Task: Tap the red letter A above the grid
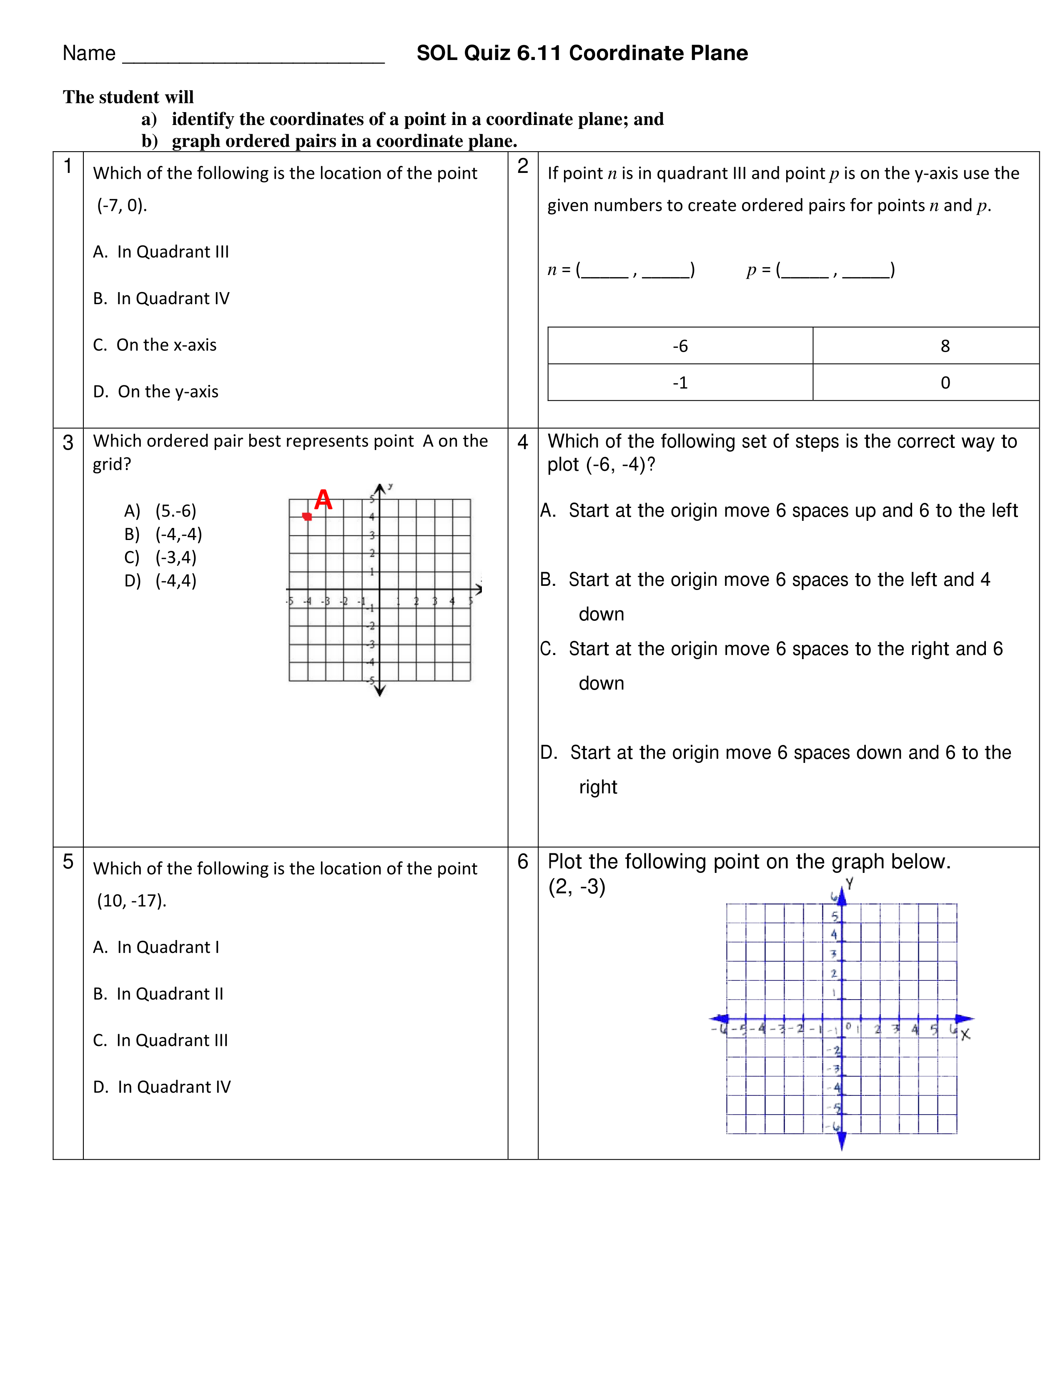tap(323, 500)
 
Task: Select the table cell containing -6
tap(680, 346)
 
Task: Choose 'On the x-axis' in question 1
tap(166, 345)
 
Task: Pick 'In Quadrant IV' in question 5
tap(174, 1087)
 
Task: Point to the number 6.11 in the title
tap(539, 53)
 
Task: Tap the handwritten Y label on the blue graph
tap(850, 884)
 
